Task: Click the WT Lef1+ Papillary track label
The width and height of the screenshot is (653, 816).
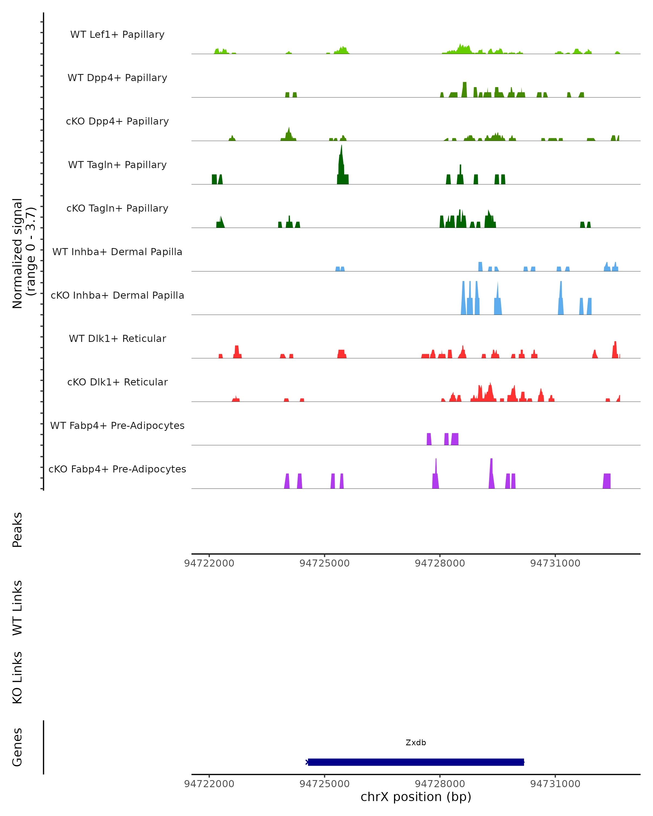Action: click(117, 35)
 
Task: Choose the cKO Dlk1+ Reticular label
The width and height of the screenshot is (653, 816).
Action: click(117, 382)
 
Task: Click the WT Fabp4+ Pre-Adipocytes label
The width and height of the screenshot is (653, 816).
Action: click(117, 425)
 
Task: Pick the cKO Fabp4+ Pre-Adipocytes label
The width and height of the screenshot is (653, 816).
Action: click(117, 469)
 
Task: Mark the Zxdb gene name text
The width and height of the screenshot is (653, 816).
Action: click(416, 743)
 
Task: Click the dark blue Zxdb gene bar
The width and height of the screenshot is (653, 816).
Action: click(416, 762)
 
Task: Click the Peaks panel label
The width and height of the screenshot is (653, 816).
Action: click(17, 530)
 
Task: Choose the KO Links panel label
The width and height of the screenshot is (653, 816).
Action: click(17, 678)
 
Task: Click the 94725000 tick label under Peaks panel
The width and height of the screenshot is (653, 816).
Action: click(324, 563)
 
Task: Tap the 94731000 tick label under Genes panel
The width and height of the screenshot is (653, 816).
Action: click(555, 784)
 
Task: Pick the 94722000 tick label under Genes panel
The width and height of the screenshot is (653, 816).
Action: click(209, 784)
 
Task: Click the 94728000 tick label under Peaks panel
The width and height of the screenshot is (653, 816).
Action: click(440, 563)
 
